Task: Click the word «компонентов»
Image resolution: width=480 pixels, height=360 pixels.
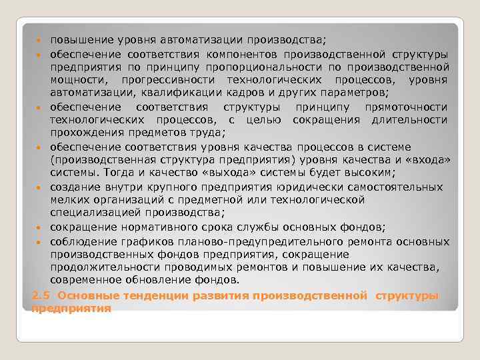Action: coord(247,53)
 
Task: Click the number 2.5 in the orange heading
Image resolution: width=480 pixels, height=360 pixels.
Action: coord(41,295)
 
